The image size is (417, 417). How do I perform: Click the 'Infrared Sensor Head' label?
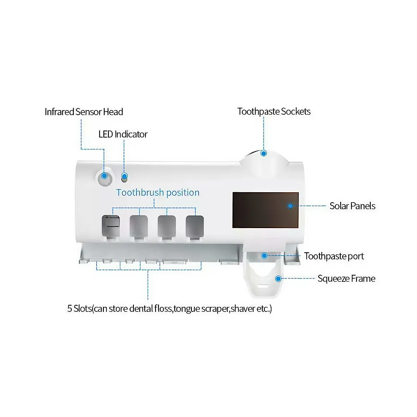click(84, 112)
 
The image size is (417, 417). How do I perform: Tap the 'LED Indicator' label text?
click(123, 134)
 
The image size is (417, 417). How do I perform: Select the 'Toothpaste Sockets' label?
click(274, 111)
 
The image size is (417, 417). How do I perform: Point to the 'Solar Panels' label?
click(352, 206)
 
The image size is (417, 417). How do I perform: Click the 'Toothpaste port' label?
click(334, 256)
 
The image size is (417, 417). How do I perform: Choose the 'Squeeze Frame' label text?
click(346, 279)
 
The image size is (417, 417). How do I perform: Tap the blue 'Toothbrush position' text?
click(158, 193)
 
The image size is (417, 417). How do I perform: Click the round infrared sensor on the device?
click(105, 176)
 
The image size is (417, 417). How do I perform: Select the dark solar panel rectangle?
click(265, 210)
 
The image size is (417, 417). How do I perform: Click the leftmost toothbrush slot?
click(111, 226)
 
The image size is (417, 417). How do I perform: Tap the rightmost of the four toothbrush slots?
click(195, 226)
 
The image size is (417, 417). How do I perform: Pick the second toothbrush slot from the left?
click(138, 226)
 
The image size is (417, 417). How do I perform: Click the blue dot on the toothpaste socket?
click(264, 153)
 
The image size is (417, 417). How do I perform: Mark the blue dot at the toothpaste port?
click(264, 255)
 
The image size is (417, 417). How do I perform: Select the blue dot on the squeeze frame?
click(278, 278)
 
